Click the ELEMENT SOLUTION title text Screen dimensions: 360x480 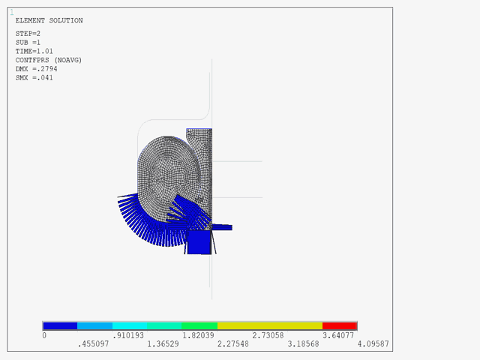[x=49, y=20]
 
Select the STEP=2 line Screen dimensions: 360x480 [x=28, y=33]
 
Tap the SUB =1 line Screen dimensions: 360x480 [x=28, y=41]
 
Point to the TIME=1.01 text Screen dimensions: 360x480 [x=34, y=50]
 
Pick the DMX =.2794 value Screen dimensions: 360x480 [x=36, y=68]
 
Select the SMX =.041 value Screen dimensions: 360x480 [x=34, y=77]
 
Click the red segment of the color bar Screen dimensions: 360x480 [x=339, y=326]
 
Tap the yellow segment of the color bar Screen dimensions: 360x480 [x=269, y=326]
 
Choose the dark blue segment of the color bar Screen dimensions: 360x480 [x=60, y=326]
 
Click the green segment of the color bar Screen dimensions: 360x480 [x=199, y=326]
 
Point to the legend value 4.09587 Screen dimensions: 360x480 [x=373, y=344]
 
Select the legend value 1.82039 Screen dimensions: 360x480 [x=199, y=336]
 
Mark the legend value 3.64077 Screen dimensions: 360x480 [x=339, y=336]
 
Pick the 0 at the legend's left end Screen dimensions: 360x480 [x=44, y=336]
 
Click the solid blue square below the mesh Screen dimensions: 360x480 [x=199, y=241]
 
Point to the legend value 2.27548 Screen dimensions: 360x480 [x=234, y=344]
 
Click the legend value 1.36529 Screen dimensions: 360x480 [x=163, y=344]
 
